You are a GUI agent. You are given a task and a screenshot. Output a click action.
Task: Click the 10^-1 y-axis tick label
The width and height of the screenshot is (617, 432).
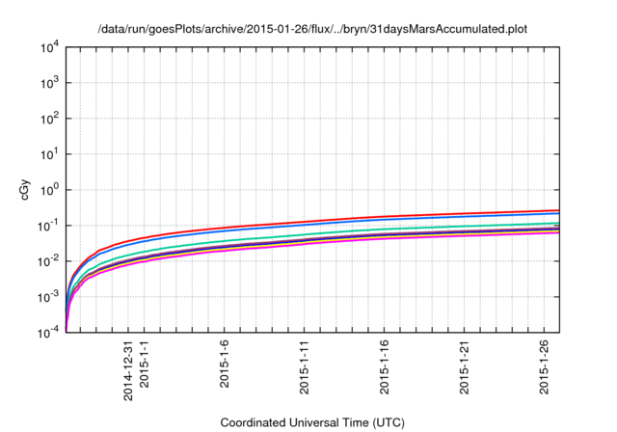[48, 226]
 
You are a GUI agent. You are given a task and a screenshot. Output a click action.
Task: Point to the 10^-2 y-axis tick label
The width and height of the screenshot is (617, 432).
[48, 261]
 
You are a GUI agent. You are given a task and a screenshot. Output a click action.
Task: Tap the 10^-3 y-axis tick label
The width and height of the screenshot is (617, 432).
[48, 297]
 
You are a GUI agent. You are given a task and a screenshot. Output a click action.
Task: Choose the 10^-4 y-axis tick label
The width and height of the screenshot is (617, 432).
[48, 333]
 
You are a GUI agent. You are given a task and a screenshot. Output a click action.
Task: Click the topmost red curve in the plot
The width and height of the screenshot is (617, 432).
[386, 217]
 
